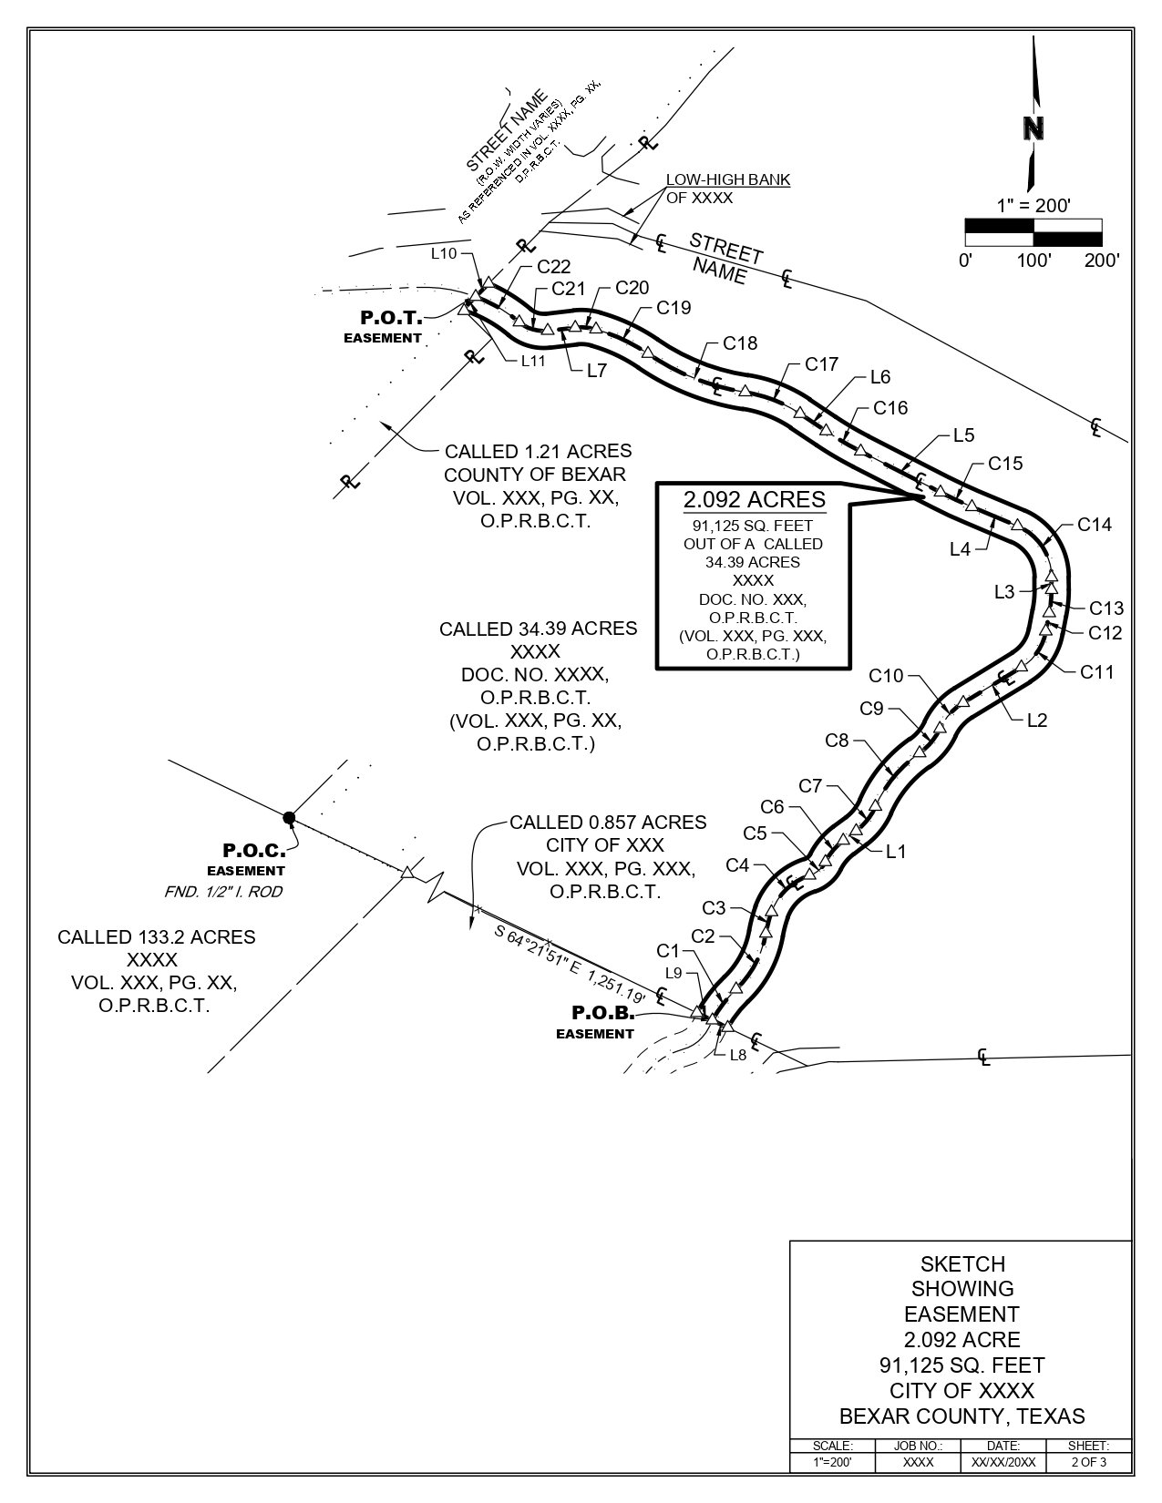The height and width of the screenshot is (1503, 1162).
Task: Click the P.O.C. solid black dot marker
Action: [x=289, y=817]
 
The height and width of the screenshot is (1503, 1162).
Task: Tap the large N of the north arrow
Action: [x=1033, y=129]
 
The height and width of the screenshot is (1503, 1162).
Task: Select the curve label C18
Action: [x=740, y=343]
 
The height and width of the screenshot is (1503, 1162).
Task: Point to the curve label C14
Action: [x=1095, y=525]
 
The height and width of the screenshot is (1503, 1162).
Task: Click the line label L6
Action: [x=880, y=377]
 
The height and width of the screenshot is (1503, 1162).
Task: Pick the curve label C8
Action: [x=837, y=741]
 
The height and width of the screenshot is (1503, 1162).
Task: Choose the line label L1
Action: [x=896, y=852]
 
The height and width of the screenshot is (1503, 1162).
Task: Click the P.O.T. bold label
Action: [x=391, y=318]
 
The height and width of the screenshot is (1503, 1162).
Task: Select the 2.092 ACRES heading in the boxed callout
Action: [x=755, y=499]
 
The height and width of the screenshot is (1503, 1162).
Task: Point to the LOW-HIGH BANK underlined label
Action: [x=728, y=180]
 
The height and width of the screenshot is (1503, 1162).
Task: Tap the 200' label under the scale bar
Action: [x=1101, y=260]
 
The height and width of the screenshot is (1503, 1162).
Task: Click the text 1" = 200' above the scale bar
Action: [x=1033, y=206]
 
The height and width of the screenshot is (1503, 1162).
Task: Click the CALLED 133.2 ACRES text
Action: [x=156, y=936]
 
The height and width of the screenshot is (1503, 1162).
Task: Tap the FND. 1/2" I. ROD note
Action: [x=223, y=892]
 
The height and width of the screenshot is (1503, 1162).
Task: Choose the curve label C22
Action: [x=553, y=267]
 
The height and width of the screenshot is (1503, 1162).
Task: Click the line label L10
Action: [x=443, y=254]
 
